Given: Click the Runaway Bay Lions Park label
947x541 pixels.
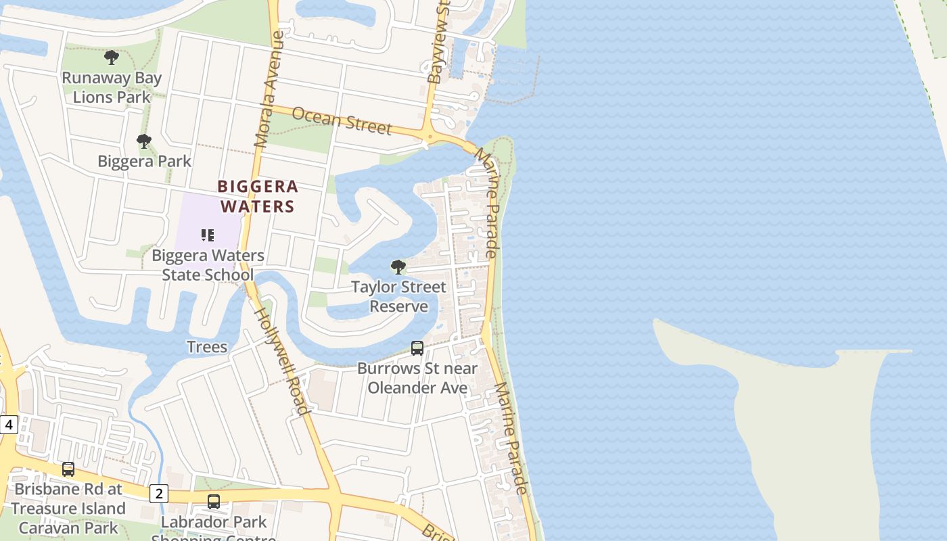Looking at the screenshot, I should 112,87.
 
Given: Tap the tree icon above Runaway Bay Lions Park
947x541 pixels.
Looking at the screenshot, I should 112,57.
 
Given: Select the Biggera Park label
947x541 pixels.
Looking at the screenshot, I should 144,162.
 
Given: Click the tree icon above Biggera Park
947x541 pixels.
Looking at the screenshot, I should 144,141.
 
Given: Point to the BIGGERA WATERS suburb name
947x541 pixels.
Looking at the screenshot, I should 257,196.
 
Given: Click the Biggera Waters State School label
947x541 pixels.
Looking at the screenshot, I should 208,265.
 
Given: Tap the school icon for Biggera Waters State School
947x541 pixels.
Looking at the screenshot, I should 208,235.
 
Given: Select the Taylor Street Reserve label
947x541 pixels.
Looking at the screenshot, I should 398,296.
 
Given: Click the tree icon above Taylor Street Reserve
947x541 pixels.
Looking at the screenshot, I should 398,266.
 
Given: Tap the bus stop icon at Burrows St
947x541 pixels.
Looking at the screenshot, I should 417,348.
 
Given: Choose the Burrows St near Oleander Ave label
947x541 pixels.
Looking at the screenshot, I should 417,378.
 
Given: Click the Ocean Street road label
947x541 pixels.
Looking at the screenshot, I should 342,121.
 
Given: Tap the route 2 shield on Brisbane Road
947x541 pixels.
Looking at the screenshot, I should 159,493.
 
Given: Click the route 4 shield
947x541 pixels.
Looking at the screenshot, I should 8,425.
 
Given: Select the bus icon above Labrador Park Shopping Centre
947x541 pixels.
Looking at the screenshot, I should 214,502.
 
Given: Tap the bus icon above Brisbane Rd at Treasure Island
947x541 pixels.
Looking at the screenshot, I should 68,469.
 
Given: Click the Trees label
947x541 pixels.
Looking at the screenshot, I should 207,347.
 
